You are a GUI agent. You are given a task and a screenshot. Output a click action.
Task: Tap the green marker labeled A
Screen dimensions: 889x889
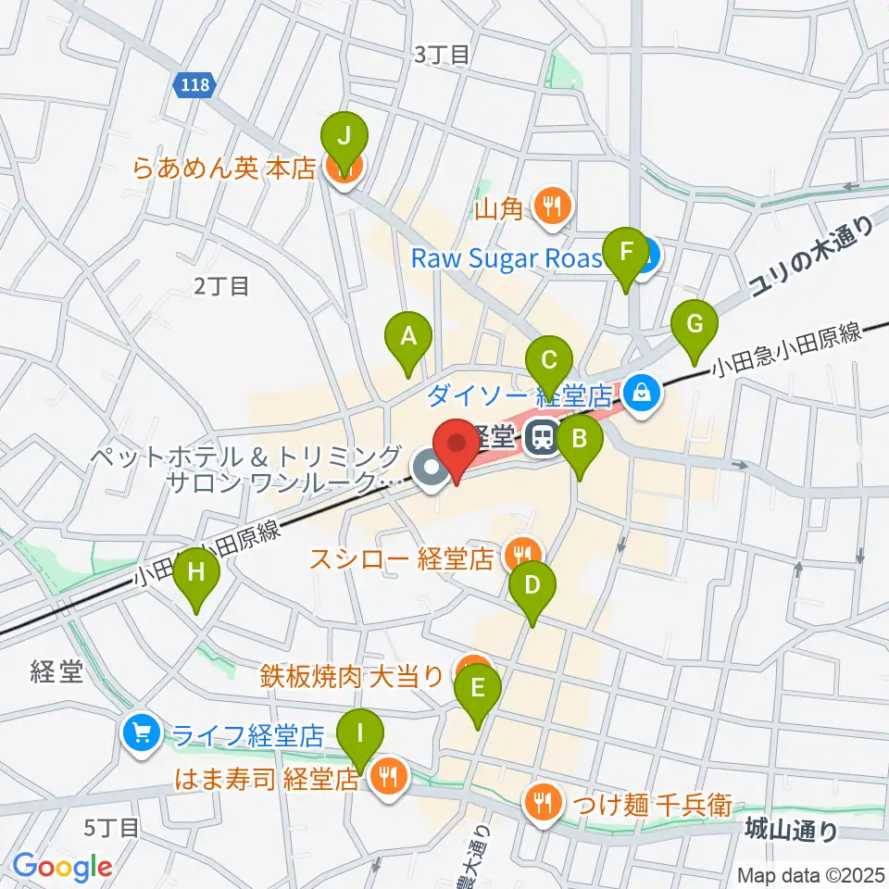(x=408, y=338)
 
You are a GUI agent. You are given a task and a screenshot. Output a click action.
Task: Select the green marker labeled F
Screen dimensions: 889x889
(x=626, y=254)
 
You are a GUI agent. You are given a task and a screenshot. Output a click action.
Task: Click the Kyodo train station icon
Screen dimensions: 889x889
(x=543, y=435)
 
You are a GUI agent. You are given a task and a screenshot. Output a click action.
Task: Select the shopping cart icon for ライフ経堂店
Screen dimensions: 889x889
(x=142, y=734)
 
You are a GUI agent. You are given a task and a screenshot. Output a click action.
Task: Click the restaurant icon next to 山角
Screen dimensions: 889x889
(x=553, y=207)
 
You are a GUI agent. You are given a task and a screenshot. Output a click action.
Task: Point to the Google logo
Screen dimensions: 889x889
(x=62, y=866)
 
